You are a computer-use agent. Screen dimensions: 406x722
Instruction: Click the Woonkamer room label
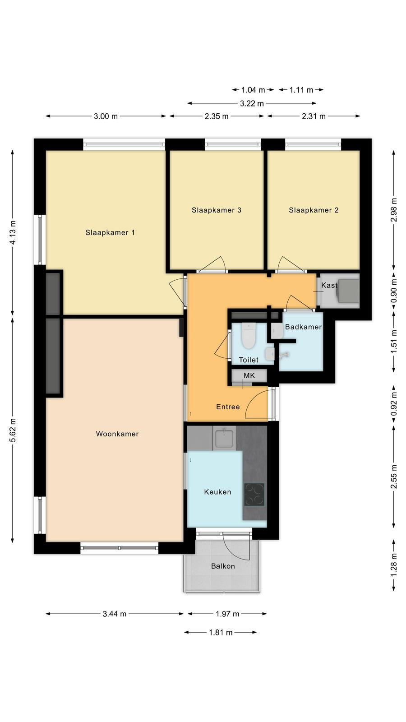[117, 434]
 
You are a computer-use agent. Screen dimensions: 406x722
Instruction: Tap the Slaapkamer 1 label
[110, 232]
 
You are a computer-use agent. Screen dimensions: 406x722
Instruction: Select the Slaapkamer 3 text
[217, 210]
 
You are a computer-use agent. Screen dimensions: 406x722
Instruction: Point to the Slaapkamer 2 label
[314, 210]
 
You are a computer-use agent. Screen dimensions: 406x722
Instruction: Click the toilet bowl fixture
[249, 336]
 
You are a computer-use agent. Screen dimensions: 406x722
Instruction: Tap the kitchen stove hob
[254, 495]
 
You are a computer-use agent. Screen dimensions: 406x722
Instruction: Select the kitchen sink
[224, 438]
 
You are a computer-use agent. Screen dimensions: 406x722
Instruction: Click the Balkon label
[223, 566]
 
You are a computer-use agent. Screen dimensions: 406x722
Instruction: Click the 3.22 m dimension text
[252, 103]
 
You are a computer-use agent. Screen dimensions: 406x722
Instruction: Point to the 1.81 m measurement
[221, 632]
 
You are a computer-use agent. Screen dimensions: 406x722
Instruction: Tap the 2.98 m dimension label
[394, 210]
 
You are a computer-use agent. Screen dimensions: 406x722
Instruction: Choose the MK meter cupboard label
[249, 375]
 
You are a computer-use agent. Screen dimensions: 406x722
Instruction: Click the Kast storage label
[329, 285]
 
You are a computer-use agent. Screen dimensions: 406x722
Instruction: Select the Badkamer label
[303, 327]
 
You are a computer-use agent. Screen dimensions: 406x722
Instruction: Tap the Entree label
[228, 407]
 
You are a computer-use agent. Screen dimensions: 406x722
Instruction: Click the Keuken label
[217, 492]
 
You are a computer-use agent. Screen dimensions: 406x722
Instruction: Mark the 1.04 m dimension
[253, 90]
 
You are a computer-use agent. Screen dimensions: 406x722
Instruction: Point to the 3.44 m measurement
[115, 614]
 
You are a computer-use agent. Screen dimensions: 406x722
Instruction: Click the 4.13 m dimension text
[13, 232]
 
